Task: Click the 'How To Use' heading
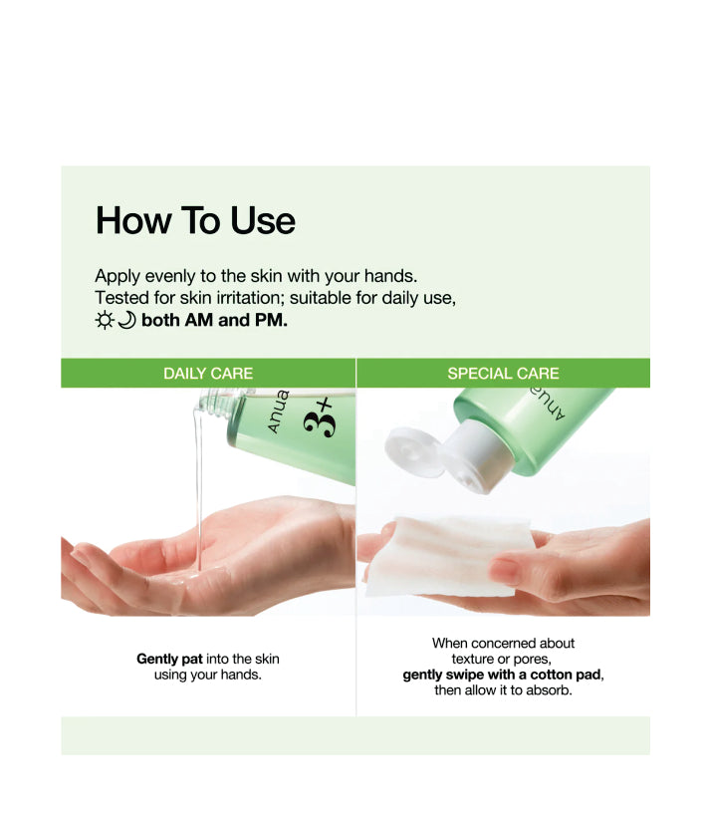pyautogui.click(x=195, y=220)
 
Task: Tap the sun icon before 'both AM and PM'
pyautogui.click(x=105, y=320)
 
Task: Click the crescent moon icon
pyautogui.click(x=126, y=320)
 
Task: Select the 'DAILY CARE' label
pyautogui.click(x=208, y=374)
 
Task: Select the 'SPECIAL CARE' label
pyautogui.click(x=503, y=374)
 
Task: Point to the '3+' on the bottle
pyautogui.click(x=319, y=417)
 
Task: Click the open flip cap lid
pyautogui.click(x=414, y=451)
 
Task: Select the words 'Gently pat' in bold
pyautogui.click(x=169, y=659)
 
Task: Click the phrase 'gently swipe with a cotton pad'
pyautogui.click(x=502, y=675)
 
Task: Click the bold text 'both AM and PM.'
pyautogui.click(x=214, y=320)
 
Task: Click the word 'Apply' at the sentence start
pyautogui.click(x=117, y=277)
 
